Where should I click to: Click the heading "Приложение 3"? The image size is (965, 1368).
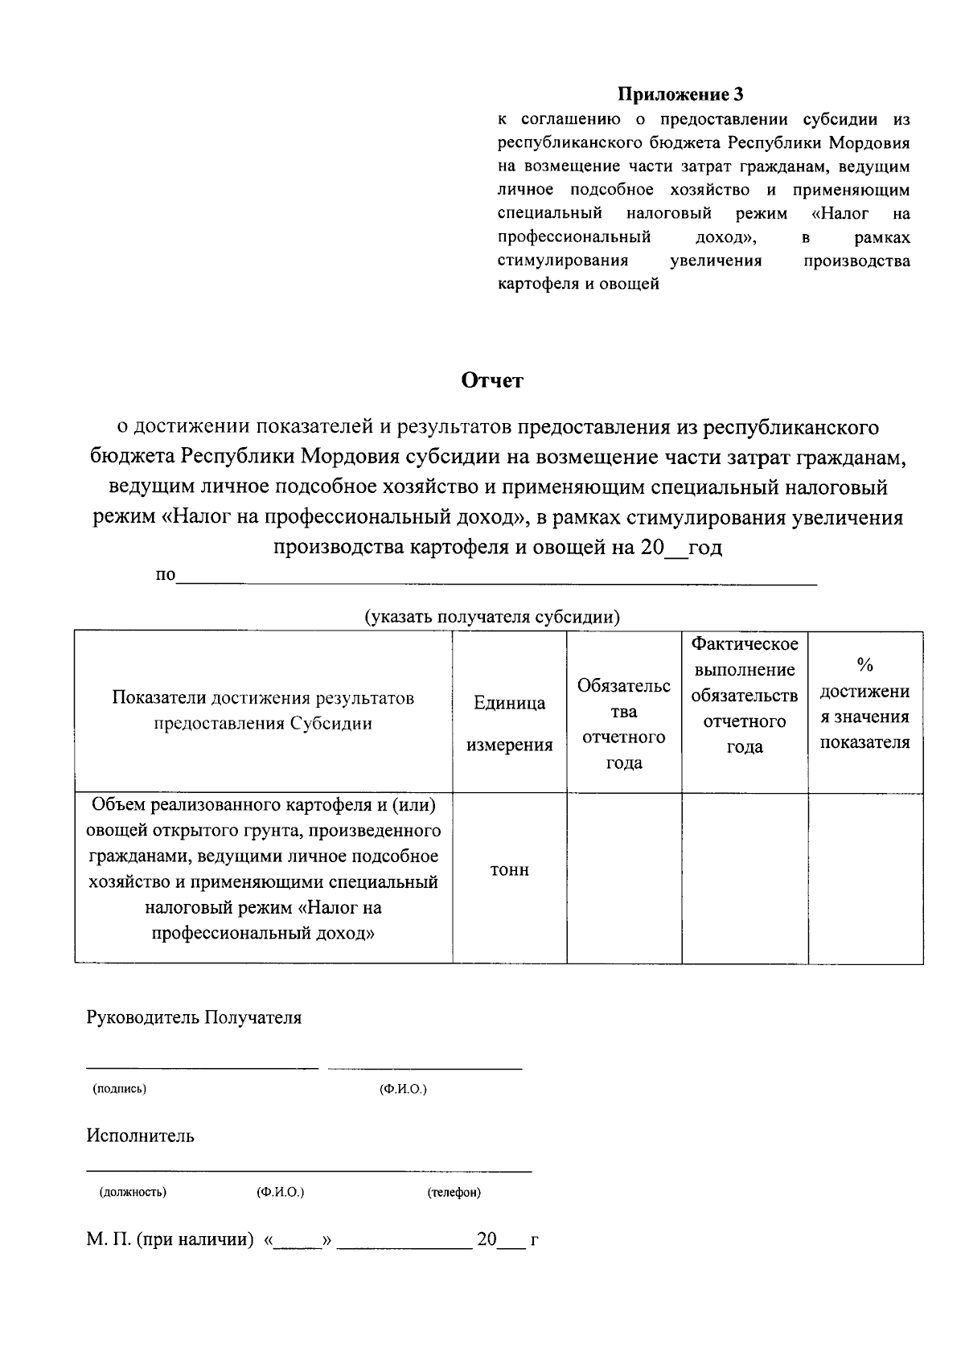coord(680,95)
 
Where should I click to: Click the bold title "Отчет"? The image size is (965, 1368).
coord(492,380)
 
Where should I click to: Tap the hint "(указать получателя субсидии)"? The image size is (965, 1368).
coord(492,617)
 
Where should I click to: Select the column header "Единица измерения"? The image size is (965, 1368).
coord(510,723)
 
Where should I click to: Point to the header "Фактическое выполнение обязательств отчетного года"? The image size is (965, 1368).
coord(745,695)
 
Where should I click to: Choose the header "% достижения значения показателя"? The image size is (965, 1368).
coord(865,703)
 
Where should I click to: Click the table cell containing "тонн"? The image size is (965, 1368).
coord(510,870)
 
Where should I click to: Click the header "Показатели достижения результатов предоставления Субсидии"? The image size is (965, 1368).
coord(264,710)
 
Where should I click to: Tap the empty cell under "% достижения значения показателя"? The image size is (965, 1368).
coord(865,878)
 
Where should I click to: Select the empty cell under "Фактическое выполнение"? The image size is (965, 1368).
coord(745,878)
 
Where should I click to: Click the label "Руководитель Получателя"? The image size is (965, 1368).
coord(194,1017)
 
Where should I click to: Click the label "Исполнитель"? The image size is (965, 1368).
coord(141,1136)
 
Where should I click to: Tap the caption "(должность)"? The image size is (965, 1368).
coord(133,1192)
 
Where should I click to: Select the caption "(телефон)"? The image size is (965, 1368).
coord(454,1192)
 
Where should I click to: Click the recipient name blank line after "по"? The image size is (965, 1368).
coord(496,577)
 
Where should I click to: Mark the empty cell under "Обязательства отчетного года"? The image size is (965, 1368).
coord(624,878)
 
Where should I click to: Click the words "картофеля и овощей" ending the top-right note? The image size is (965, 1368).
coord(579,284)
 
